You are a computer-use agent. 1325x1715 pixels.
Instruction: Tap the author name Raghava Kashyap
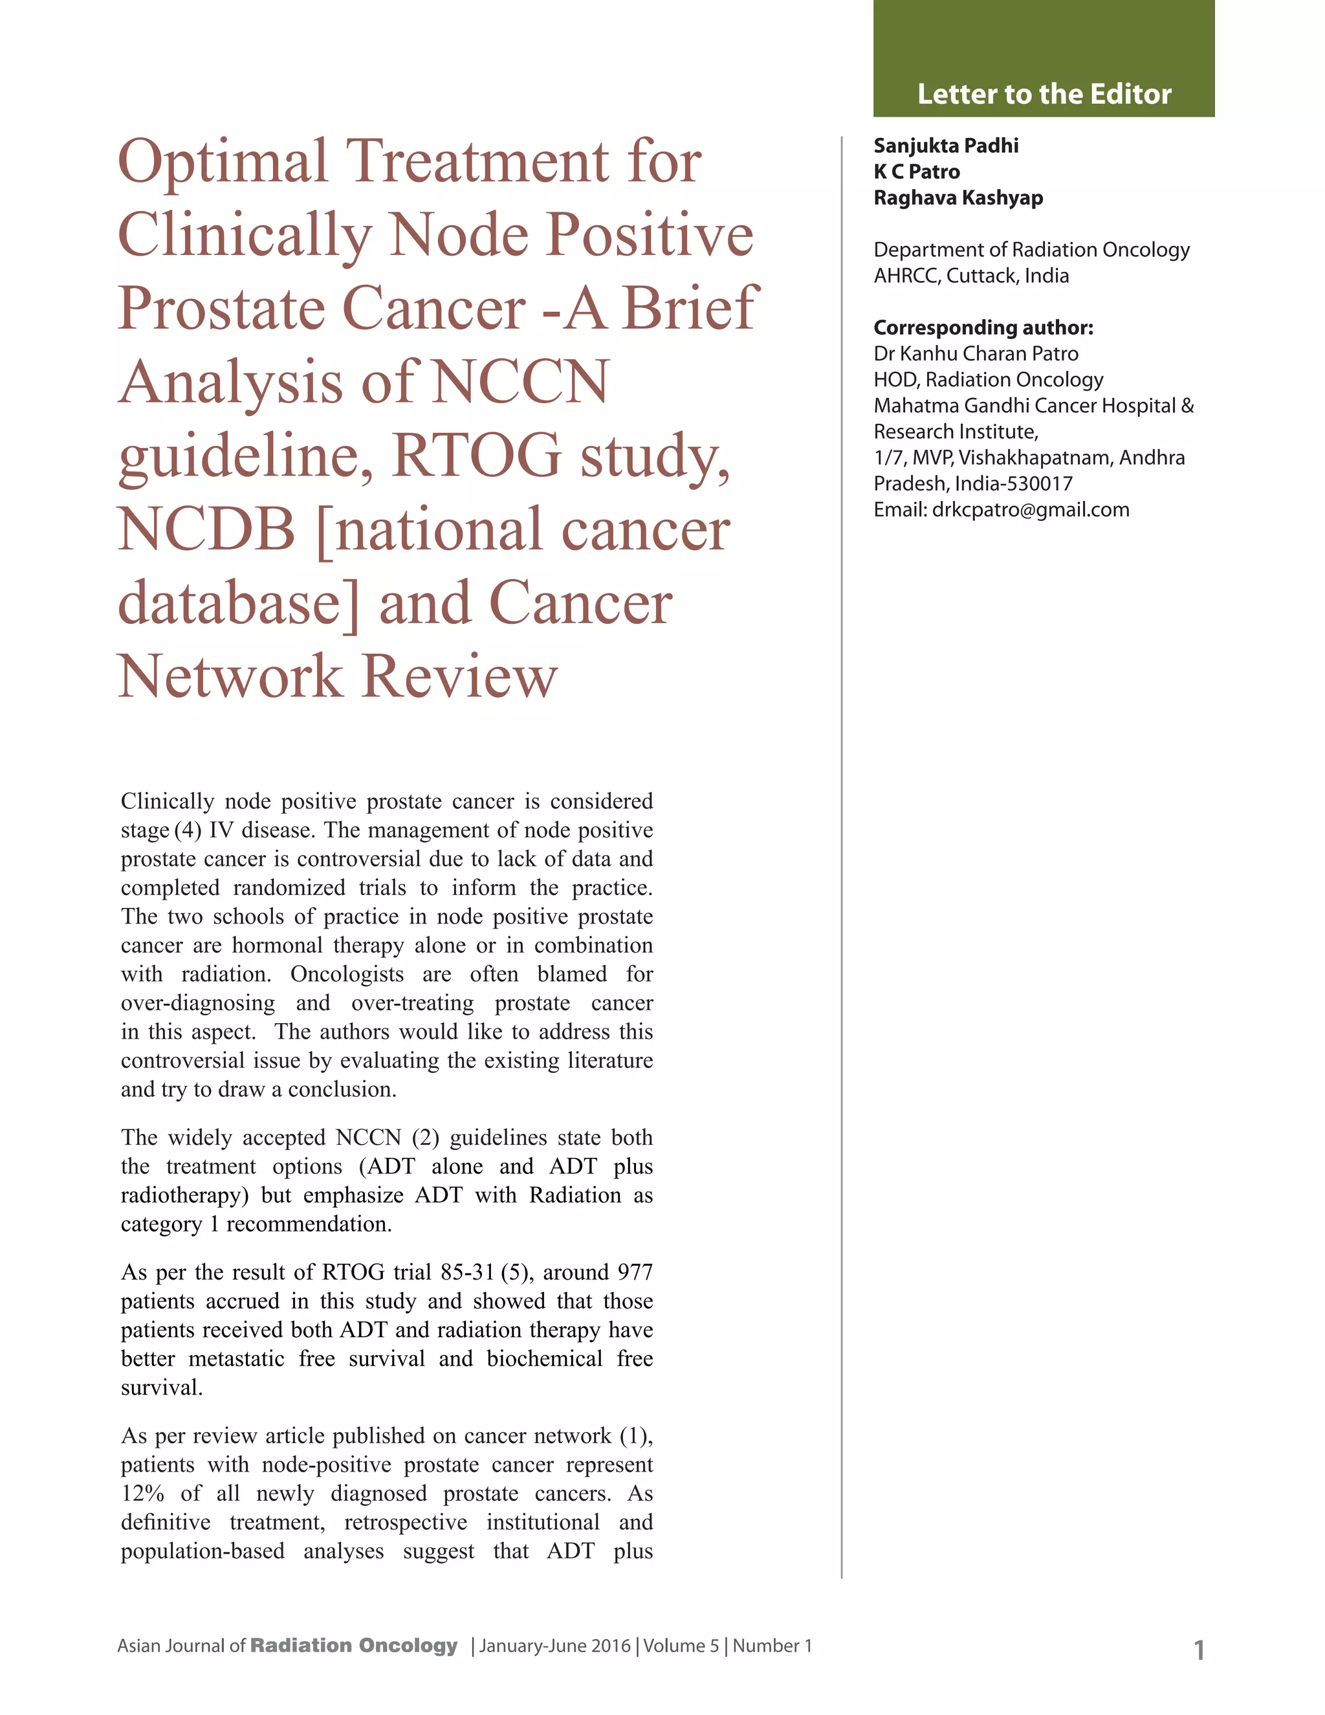958,197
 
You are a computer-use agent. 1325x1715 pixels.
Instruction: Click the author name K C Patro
916,171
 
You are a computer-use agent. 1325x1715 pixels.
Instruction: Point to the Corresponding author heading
983,327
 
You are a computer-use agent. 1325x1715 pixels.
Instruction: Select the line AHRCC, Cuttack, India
971,276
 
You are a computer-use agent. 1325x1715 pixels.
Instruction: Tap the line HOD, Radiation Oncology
989,379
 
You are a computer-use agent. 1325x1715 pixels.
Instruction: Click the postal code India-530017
1013,483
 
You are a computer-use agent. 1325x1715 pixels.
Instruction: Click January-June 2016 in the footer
555,1645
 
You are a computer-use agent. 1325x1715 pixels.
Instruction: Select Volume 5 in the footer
681,1645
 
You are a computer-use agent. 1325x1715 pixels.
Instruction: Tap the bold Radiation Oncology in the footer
353,1645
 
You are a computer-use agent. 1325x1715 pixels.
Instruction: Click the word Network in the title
230,676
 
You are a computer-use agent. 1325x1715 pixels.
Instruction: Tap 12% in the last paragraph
142,1493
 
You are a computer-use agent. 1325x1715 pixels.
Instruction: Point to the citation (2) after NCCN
424,1137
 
